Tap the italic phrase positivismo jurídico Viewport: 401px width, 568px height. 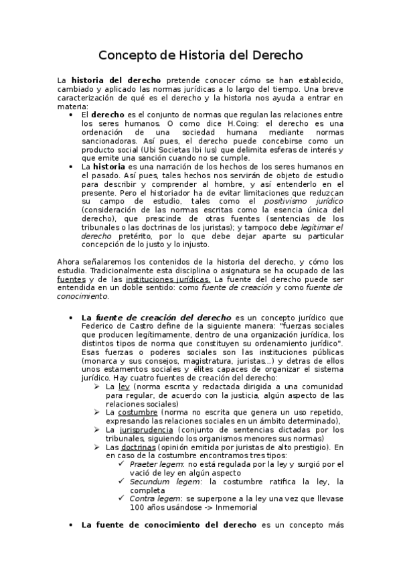pos(303,201)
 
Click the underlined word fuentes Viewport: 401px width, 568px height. pos(71,279)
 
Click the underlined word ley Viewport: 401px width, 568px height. pos(124,387)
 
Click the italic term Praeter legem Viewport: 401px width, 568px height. pos(151,464)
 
